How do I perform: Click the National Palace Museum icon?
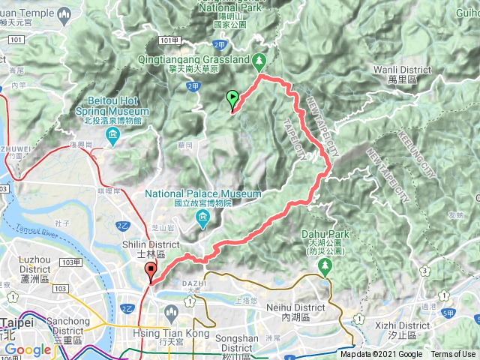pyautogui.click(x=203, y=218)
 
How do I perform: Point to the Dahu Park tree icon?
pyautogui.click(x=327, y=268)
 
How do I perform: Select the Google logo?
pyautogui.click(x=28, y=350)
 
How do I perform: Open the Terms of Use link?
pyautogui.click(x=453, y=354)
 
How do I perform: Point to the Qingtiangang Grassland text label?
pyautogui.click(x=204, y=58)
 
